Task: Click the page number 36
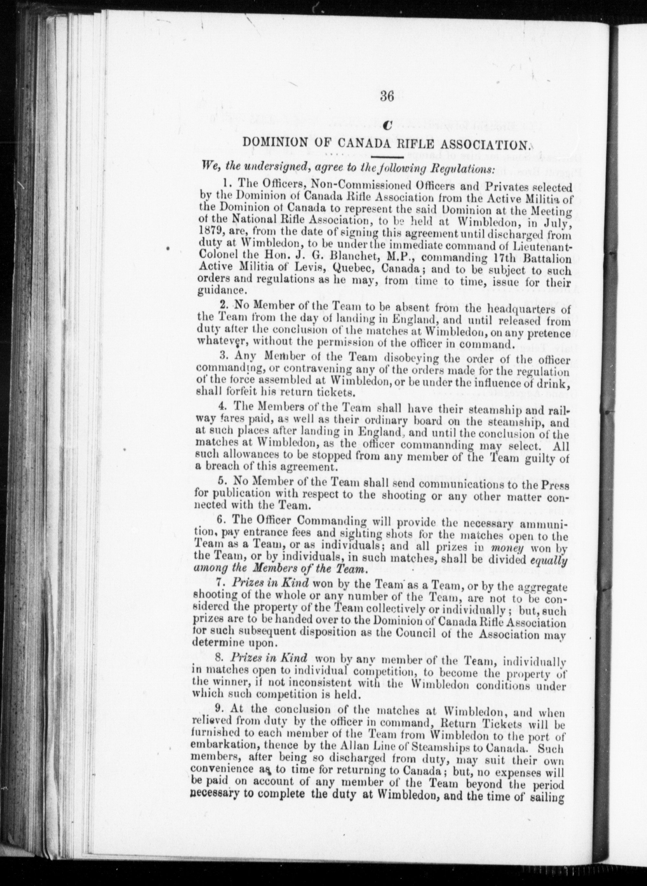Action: (x=387, y=96)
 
